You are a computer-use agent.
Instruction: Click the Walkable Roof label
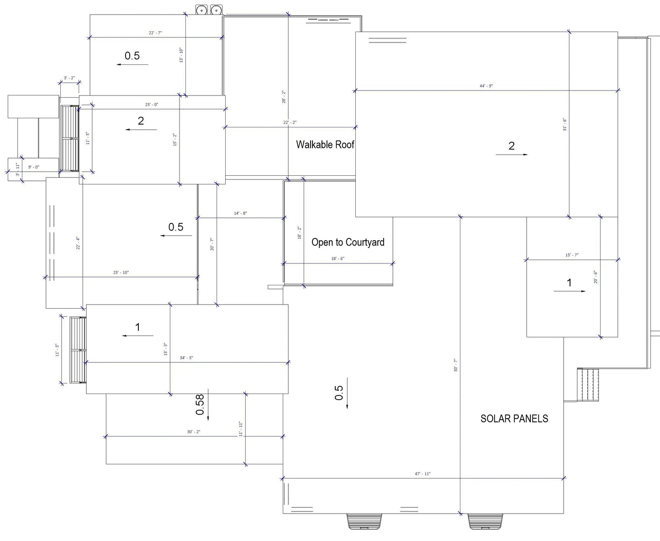coord(325,145)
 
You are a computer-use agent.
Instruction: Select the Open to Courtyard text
coord(348,242)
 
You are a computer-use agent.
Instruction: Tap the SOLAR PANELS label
coord(514,419)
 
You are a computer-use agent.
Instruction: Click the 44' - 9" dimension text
coord(486,86)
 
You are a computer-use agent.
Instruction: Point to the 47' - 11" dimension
coord(422,474)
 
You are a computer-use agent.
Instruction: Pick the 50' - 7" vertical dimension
coord(455,365)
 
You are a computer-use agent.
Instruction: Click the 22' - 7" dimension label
coord(155,33)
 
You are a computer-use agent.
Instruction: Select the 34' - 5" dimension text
coord(186,358)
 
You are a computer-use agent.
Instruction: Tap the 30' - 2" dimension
coord(194,432)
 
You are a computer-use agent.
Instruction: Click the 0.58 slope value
coord(200,405)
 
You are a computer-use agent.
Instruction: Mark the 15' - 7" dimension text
coord(572,255)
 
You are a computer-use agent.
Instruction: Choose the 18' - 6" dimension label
coord(338,259)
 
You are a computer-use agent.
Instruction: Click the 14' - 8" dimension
coord(240,213)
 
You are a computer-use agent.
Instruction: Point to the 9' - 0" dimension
coord(34,167)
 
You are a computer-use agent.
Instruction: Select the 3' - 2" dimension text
coord(69,78)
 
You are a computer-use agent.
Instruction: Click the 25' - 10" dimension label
coord(121,273)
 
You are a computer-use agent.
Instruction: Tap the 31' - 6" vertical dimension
coord(565,125)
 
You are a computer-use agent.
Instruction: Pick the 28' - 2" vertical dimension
coord(284,97)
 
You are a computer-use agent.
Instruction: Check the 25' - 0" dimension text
coord(152,105)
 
